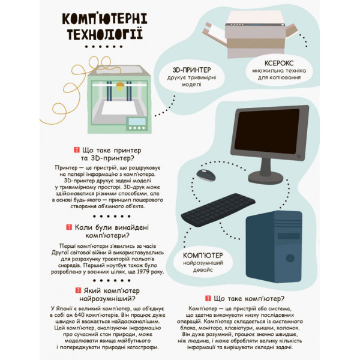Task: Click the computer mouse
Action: (205, 175)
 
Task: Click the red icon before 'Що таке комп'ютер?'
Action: (208, 298)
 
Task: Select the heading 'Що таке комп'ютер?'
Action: (248, 298)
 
